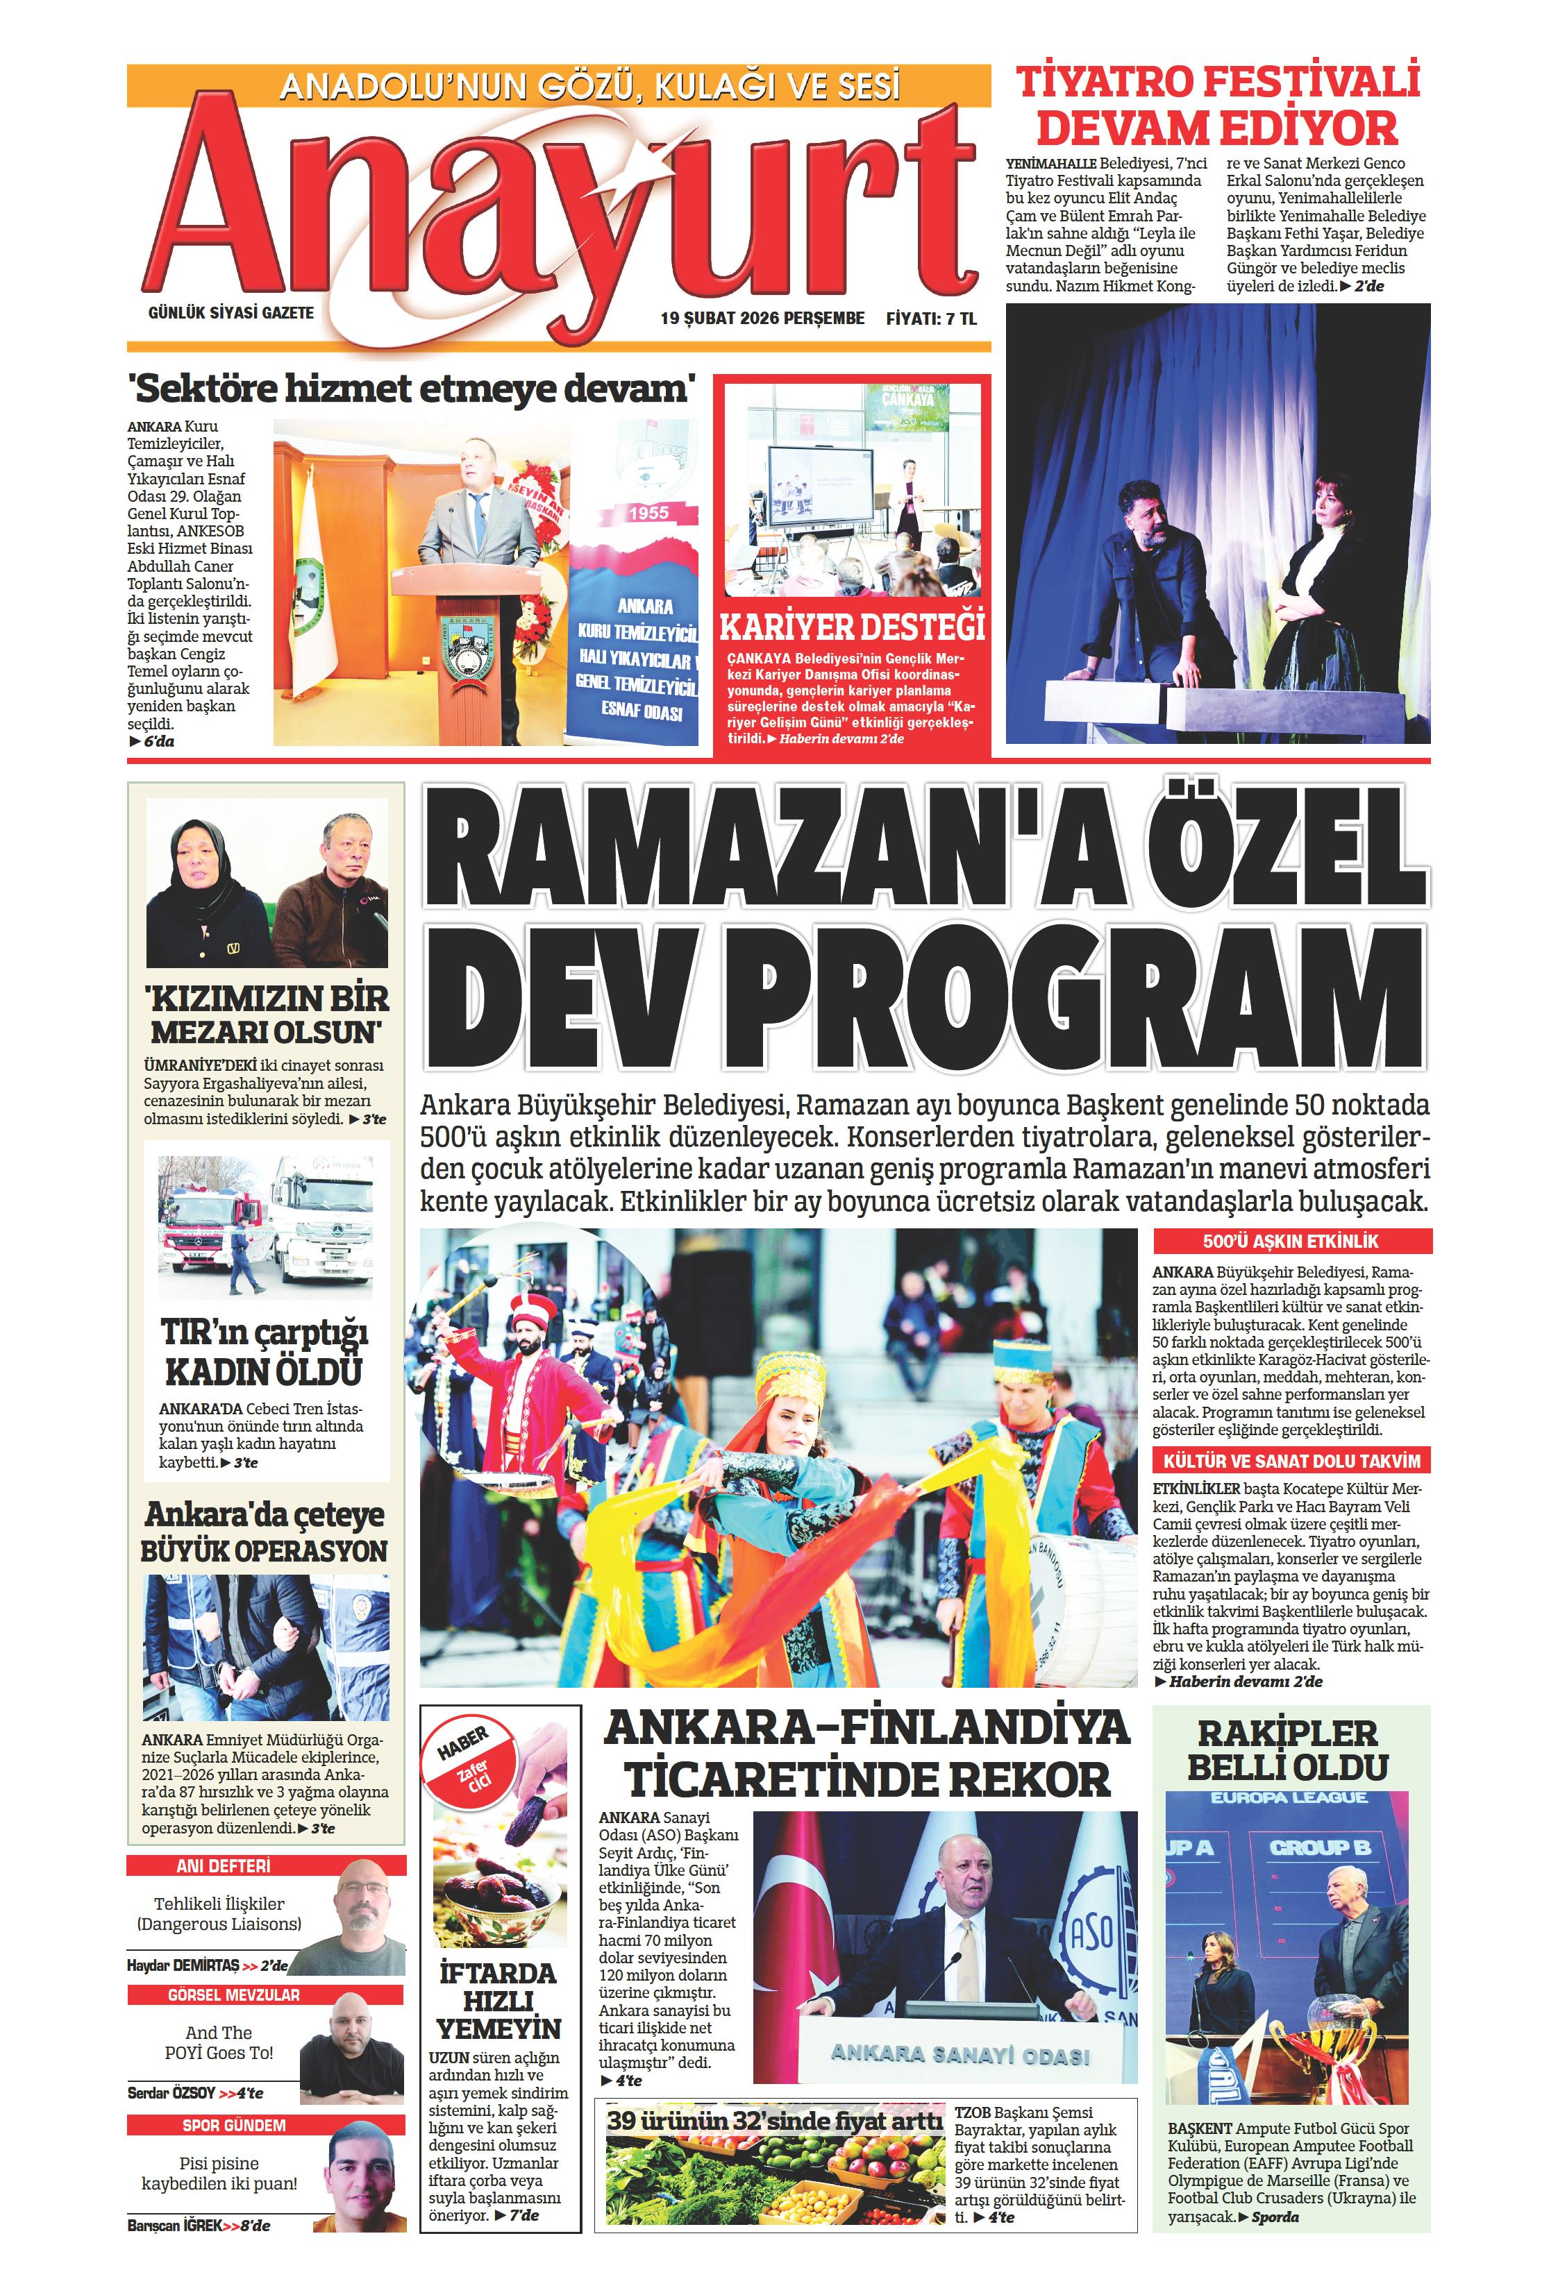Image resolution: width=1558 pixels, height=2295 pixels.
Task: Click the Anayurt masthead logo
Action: (x=558, y=212)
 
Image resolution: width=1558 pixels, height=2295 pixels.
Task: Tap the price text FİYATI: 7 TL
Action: (x=930, y=318)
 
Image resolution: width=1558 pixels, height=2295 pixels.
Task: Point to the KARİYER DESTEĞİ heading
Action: (x=852, y=628)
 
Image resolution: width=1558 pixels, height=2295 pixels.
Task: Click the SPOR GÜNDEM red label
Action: (x=234, y=2125)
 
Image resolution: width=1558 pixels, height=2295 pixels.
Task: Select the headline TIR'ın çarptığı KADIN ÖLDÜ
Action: (x=264, y=1352)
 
